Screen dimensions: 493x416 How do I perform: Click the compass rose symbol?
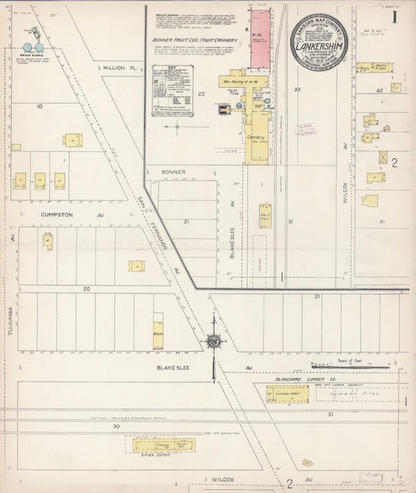pyautogui.click(x=212, y=341)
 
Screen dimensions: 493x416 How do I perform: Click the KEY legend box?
pyautogui.click(x=173, y=89)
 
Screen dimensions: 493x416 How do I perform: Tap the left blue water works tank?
pyautogui.click(x=28, y=48)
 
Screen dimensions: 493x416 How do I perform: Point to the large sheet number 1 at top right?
pyautogui.click(x=396, y=16)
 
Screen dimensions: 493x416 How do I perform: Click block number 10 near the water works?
pyautogui.click(x=39, y=105)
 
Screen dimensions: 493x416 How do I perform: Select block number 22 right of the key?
pyautogui.click(x=201, y=94)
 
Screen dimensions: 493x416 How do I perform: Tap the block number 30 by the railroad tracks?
pyautogui.click(x=116, y=426)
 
